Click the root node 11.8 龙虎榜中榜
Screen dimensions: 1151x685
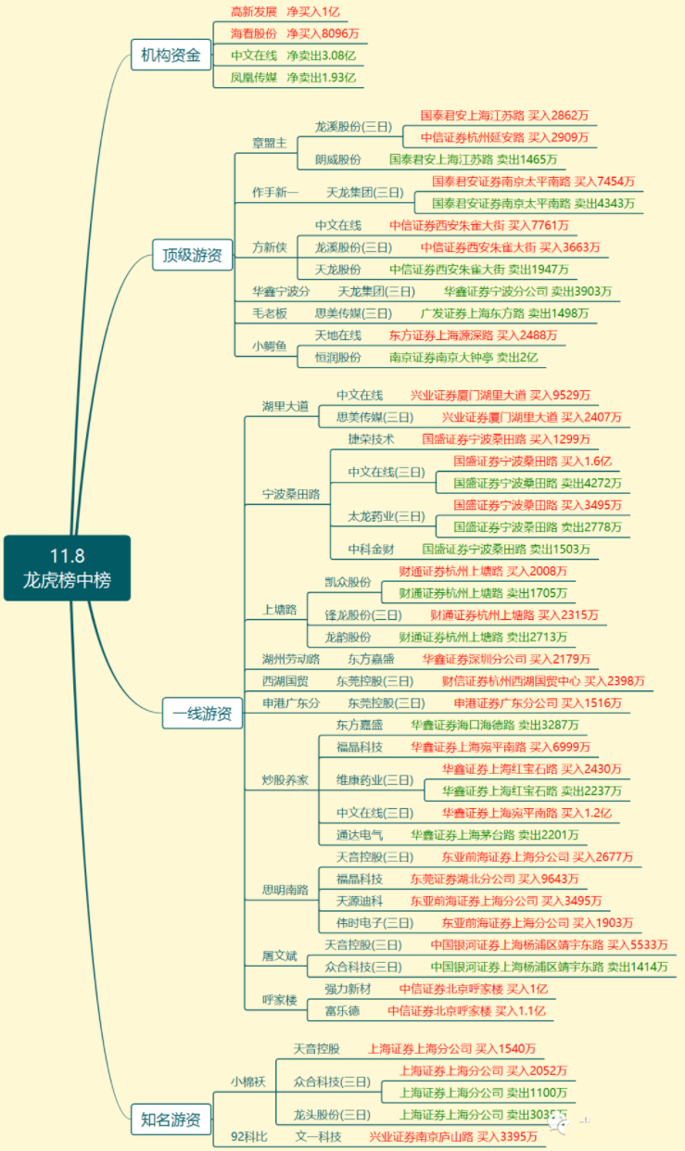pos(67,568)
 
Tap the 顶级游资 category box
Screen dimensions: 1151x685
pos(192,255)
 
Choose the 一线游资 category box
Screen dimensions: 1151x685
pos(201,715)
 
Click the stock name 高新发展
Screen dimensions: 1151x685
pos(253,12)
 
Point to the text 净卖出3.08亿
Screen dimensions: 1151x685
pos(321,56)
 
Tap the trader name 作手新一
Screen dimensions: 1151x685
pos(275,193)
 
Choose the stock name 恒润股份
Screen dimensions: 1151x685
pos(338,357)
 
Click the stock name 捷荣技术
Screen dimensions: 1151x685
pos(371,438)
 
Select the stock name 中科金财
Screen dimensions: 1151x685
pos(371,549)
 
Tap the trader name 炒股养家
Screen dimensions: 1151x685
pos(285,779)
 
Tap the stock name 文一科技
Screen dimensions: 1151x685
pos(319,1136)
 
